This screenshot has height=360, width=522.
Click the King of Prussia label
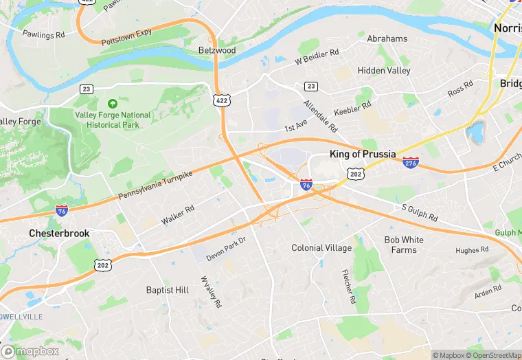click(x=363, y=154)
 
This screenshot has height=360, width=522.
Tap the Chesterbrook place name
click(x=59, y=234)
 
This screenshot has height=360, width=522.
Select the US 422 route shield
click(x=221, y=100)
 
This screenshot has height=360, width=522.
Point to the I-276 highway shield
click(x=411, y=163)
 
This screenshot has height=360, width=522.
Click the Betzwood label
click(x=216, y=50)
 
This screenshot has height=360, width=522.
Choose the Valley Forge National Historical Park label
click(x=113, y=120)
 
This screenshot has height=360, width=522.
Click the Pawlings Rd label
click(x=43, y=34)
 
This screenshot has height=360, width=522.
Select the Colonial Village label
click(x=321, y=248)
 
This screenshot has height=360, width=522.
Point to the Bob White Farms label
click(x=404, y=245)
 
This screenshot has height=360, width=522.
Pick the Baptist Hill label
click(x=168, y=290)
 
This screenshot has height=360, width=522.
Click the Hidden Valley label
click(x=384, y=70)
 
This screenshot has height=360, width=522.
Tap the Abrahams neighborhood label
click(x=387, y=38)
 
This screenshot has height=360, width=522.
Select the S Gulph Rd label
click(x=419, y=212)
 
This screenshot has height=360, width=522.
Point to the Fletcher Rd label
click(x=348, y=286)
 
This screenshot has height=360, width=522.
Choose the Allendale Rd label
click(x=321, y=116)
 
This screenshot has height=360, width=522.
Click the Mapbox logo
click(x=30, y=351)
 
